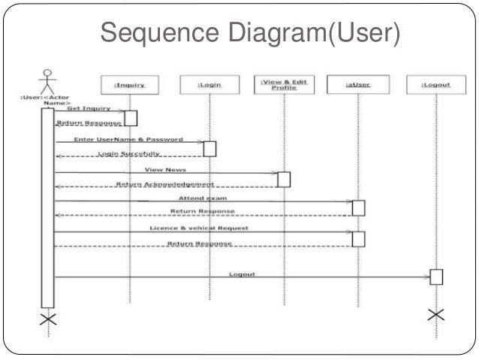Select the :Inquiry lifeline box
point(129,85)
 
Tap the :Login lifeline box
point(209,85)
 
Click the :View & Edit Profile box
point(285,85)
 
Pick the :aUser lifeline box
point(357,85)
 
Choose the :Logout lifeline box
point(436,85)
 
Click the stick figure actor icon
point(47,80)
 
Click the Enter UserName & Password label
point(128,140)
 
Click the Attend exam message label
point(203,198)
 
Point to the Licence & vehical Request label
point(199,227)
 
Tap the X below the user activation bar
point(47,319)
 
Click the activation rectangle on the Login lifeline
point(209,148)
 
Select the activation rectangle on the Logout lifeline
point(436,276)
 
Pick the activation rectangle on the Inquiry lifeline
point(130,117)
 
